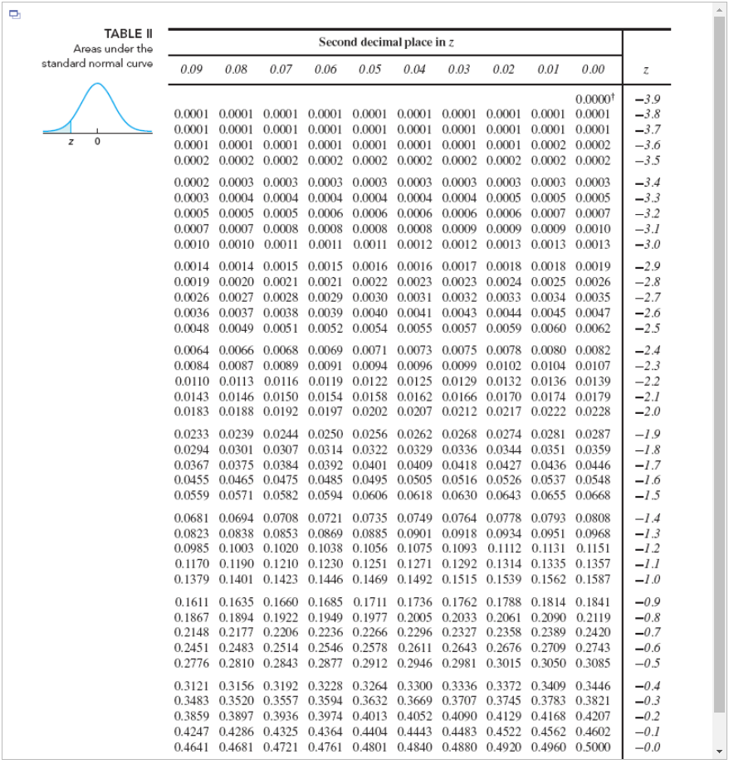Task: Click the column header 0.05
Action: (x=370, y=69)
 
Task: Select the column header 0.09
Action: (x=191, y=69)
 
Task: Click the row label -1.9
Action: (x=647, y=434)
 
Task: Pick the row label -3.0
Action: (x=647, y=245)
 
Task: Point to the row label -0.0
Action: (x=647, y=747)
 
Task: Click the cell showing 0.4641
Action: (x=191, y=747)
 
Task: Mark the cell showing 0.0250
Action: (x=325, y=434)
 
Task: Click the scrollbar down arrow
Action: (x=721, y=755)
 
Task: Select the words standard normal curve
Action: (x=97, y=64)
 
